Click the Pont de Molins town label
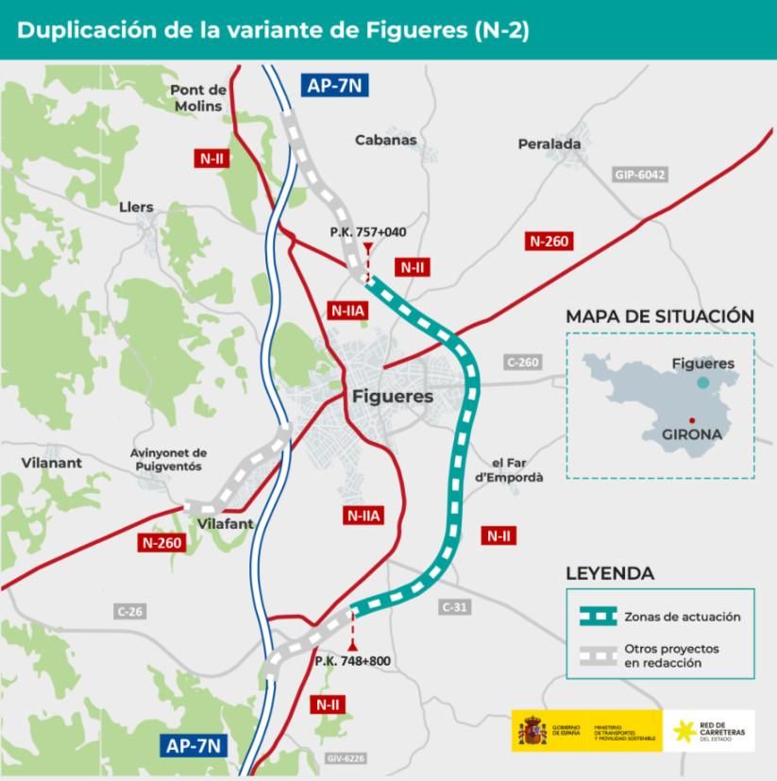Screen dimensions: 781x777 (197, 98)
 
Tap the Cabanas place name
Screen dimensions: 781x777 (385, 140)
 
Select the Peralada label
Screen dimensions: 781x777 (549, 144)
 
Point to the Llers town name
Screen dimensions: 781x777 (136, 207)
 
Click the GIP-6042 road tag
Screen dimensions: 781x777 (640, 175)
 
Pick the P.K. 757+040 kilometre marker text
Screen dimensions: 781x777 (368, 231)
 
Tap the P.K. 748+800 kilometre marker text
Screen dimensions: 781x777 (352, 661)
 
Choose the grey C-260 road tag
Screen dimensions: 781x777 (522, 362)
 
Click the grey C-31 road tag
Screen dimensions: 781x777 (454, 607)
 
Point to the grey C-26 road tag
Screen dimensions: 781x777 (130, 612)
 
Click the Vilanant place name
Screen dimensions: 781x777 (51, 463)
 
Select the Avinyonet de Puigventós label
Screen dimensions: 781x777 (168, 460)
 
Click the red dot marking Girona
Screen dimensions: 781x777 (692, 420)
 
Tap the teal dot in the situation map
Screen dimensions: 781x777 (702, 382)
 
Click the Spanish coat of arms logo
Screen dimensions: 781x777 (532, 731)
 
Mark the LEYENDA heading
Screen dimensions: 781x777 (609, 573)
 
